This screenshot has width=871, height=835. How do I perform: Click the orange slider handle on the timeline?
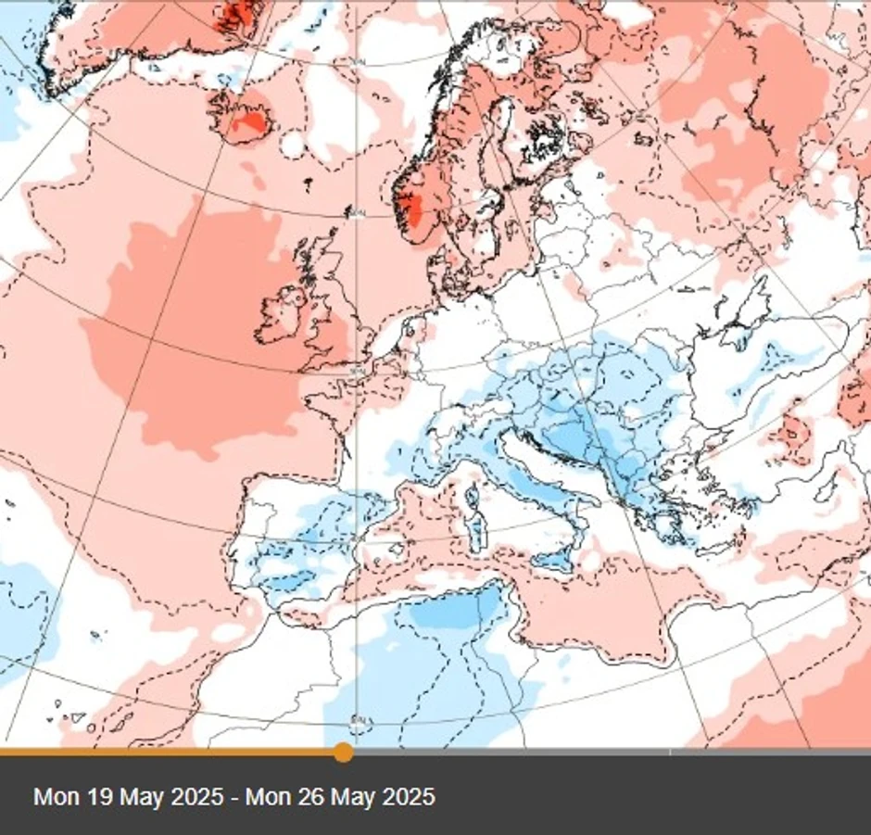[343, 752]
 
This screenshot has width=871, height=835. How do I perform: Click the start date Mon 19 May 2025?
[128, 796]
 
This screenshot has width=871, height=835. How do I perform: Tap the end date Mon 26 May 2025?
[340, 796]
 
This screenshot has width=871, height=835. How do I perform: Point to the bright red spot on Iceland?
[250, 120]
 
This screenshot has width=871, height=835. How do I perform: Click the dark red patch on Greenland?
[239, 13]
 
